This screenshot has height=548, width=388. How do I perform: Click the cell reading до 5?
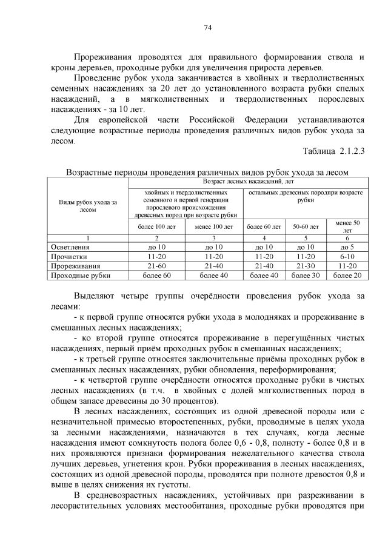(x=347, y=247)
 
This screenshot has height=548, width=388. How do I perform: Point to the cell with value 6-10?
(x=347, y=257)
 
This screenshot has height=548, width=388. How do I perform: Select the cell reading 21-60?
(x=156, y=266)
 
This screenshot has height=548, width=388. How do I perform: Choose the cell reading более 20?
(x=347, y=276)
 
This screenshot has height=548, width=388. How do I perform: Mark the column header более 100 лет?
(x=156, y=227)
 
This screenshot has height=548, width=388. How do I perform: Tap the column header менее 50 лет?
(x=347, y=227)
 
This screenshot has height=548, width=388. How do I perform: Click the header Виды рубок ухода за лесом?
(x=88, y=206)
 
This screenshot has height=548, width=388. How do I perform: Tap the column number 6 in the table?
(x=347, y=238)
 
